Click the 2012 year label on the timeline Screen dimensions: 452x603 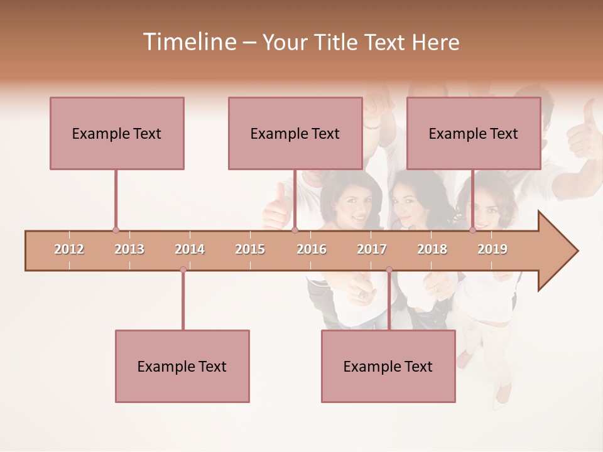(69, 249)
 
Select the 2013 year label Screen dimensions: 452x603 (129, 249)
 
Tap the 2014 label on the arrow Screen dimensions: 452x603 (190, 249)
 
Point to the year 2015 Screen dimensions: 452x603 (250, 249)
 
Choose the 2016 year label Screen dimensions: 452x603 (312, 249)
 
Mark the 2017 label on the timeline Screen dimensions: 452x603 (372, 249)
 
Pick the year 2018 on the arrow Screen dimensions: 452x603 (432, 249)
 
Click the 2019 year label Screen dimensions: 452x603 (492, 249)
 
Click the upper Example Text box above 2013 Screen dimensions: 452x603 (117, 133)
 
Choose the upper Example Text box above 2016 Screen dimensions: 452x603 (295, 133)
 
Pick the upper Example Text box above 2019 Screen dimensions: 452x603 (474, 133)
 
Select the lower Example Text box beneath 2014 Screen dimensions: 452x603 (182, 366)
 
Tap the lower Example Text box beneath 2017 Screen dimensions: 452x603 (388, 366)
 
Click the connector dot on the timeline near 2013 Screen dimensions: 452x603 (116, 230)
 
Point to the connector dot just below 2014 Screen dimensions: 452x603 (183, 270)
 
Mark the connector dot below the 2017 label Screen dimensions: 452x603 (389, 270)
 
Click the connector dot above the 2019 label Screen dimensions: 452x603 (472, 230)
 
